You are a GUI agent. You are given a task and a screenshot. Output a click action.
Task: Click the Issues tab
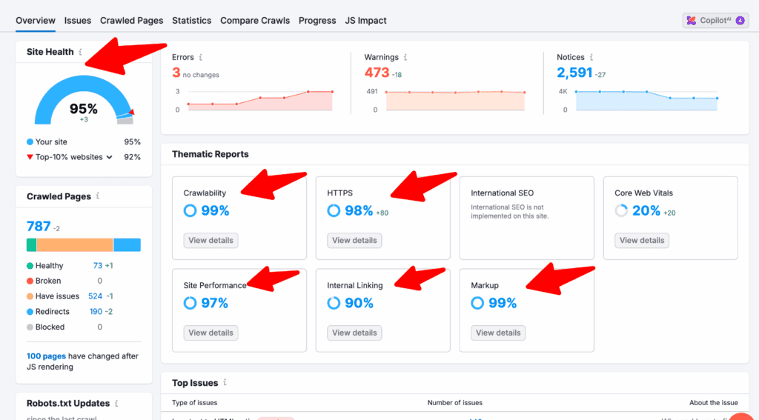point(78,21)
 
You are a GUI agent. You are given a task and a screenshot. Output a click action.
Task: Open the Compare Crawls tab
point(254,21)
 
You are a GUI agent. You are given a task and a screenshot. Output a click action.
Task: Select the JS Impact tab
point(365,21)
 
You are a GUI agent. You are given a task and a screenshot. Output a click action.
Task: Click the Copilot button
point(715,21)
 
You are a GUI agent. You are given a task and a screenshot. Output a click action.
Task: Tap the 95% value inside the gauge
point(84,109)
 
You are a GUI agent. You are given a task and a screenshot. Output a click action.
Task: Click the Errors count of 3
point(176,73)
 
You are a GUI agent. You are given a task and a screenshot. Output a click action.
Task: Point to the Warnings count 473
point(377,73)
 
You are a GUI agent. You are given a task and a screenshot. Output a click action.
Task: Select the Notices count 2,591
point(575,73)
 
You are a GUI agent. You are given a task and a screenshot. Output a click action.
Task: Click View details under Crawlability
point(211,240)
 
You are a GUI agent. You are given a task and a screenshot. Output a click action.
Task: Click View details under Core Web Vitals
point(642,240)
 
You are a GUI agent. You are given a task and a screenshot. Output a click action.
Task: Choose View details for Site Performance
point(211,333)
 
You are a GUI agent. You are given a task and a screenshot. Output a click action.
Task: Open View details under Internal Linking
point(354,333)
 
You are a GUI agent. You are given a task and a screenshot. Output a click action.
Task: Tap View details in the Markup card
point(498,333)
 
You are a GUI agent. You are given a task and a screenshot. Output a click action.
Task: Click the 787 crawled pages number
point(39,227)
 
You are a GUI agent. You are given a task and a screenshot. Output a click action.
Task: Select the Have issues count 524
point(95,296)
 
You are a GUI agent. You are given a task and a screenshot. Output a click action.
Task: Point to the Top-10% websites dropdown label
point(70,157)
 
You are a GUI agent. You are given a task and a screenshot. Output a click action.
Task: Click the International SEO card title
point(502,193)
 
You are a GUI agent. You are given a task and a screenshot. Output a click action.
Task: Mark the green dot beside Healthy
point(30,266)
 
